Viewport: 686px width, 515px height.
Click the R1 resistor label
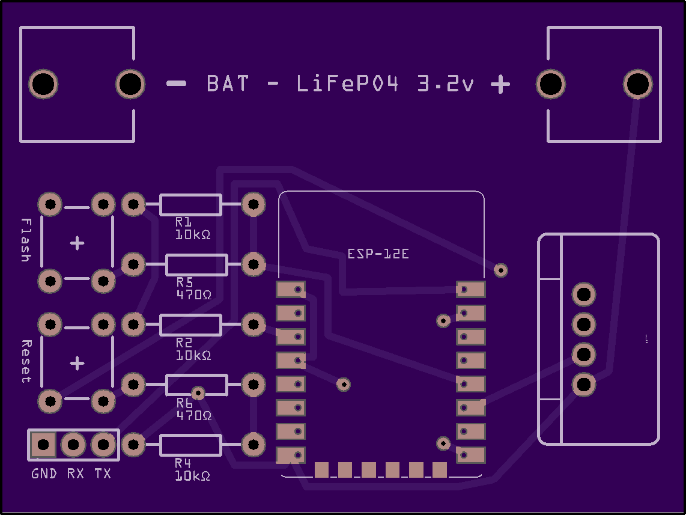(x=183, y=222)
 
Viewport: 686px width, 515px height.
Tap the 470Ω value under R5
(x=194, y=294)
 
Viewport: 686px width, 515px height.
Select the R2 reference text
(x=184, y=343)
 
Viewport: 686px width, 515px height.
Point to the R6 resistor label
(x=184, y=403)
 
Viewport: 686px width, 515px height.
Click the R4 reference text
(x=183, y=463)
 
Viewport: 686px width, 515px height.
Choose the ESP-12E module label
(x=378, y=254)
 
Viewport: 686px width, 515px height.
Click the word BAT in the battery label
(x=228, y=84)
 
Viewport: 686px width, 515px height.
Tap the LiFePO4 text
(x=347, y=84)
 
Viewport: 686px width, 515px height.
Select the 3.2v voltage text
(x=445, y=84)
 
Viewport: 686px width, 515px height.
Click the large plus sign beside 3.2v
(x=500, y=84)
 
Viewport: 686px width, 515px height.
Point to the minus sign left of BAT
(x=177, y=84)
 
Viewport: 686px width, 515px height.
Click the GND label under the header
(x=44, y=474)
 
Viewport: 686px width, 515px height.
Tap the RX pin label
(x=75, y=474)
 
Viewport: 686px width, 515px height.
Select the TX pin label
(x=103, y=474)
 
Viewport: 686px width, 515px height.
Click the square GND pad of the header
(x=43, y=445)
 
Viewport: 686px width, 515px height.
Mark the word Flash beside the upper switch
(x=26, y=240)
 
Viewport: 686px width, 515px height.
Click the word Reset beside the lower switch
(x=26, y=361)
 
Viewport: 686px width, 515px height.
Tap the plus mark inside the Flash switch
(x=77, y=243)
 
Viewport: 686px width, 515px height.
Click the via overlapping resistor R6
(x=198, y=393)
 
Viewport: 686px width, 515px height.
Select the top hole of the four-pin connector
(x=584, y=294)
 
